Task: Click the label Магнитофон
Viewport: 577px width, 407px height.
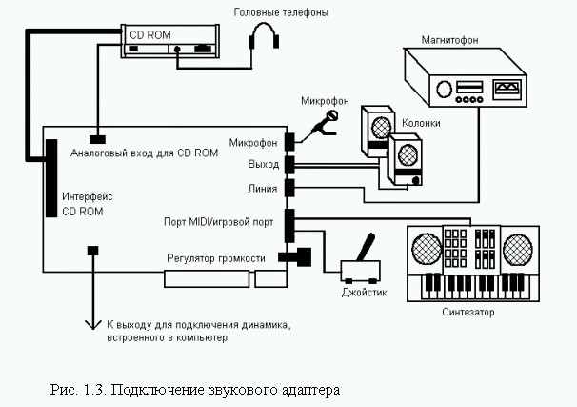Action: click(x=449, y=40)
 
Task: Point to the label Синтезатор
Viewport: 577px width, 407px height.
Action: click(x=468, y=312)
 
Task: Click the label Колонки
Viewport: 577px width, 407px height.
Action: click(x=421, y=123)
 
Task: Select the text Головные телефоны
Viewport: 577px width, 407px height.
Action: click(x=281, y=12)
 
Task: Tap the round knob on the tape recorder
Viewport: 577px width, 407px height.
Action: click(x=444, y=90)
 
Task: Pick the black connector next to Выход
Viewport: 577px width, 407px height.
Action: click(x=290, y=165)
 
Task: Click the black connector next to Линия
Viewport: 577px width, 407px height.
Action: click(x=290, y=188)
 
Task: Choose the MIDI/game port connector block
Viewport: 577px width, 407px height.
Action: click(x=290, y=225)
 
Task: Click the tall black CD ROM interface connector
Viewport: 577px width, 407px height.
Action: click(x=51, y=178)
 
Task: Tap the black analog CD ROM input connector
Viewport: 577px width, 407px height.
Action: click(x=97, y=139)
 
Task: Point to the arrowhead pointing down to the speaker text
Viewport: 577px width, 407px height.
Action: click(x=93, y=324)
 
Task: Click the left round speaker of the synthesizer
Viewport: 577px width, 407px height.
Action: click(x=427, y=248)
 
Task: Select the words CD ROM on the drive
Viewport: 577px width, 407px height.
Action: click(x=150, y=35)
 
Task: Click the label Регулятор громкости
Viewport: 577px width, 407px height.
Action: click(x=216, y=258)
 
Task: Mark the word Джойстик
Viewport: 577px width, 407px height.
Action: click(x=365, y=293)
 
